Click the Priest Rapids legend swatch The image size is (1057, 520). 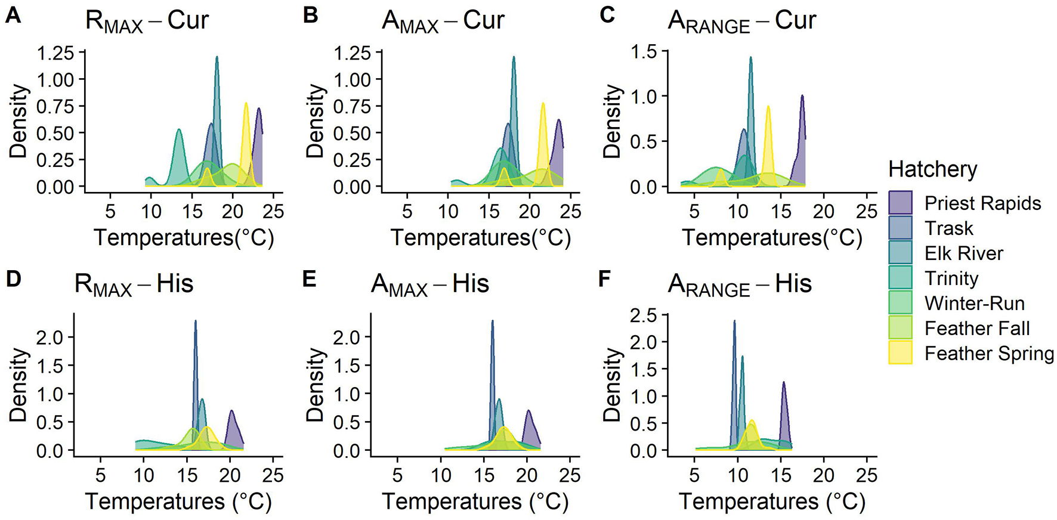[900, 203]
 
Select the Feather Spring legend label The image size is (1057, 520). [989, 354]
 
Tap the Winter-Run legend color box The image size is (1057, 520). [900, 304]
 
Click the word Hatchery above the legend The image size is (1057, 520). [932, 169]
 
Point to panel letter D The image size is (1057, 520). [13, 278]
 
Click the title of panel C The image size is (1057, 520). [741, 21]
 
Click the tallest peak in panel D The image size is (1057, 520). [195, 323]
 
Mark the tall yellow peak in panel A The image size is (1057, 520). [246, 104]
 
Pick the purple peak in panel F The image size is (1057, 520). [783, 383]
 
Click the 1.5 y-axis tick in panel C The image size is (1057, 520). [645, 52]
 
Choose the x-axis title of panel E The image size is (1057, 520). [475, 502]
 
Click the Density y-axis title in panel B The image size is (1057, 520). [316, 120]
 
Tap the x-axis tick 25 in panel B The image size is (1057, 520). [571, 211]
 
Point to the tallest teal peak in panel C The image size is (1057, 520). [750, 58]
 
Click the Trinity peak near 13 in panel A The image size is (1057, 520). [179, 130]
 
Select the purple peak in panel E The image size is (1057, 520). [528, 411]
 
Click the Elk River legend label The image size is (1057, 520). [963, 253]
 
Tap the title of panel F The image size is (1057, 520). [739, 284]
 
